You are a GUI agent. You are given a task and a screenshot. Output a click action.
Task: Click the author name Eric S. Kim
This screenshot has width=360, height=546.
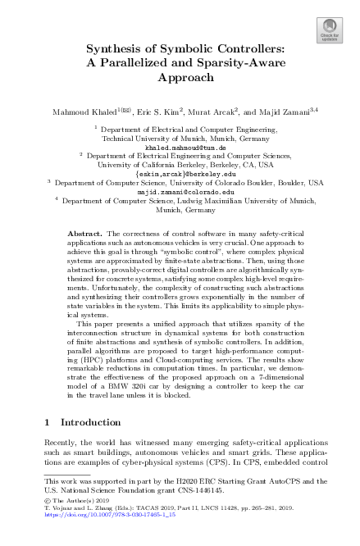tap(157, 109)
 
